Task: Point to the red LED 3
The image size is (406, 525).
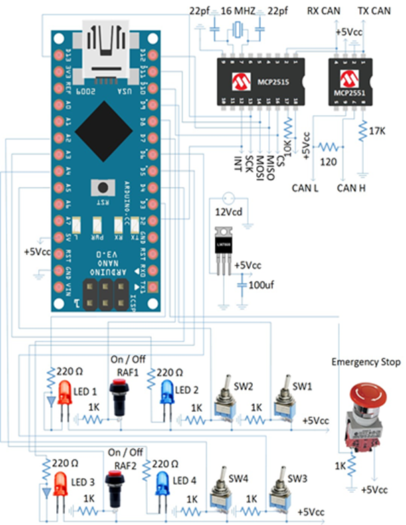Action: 60,483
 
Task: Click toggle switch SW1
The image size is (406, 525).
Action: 284,405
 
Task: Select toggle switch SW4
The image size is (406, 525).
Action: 218,492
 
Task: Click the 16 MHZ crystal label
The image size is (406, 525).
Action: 237,10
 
